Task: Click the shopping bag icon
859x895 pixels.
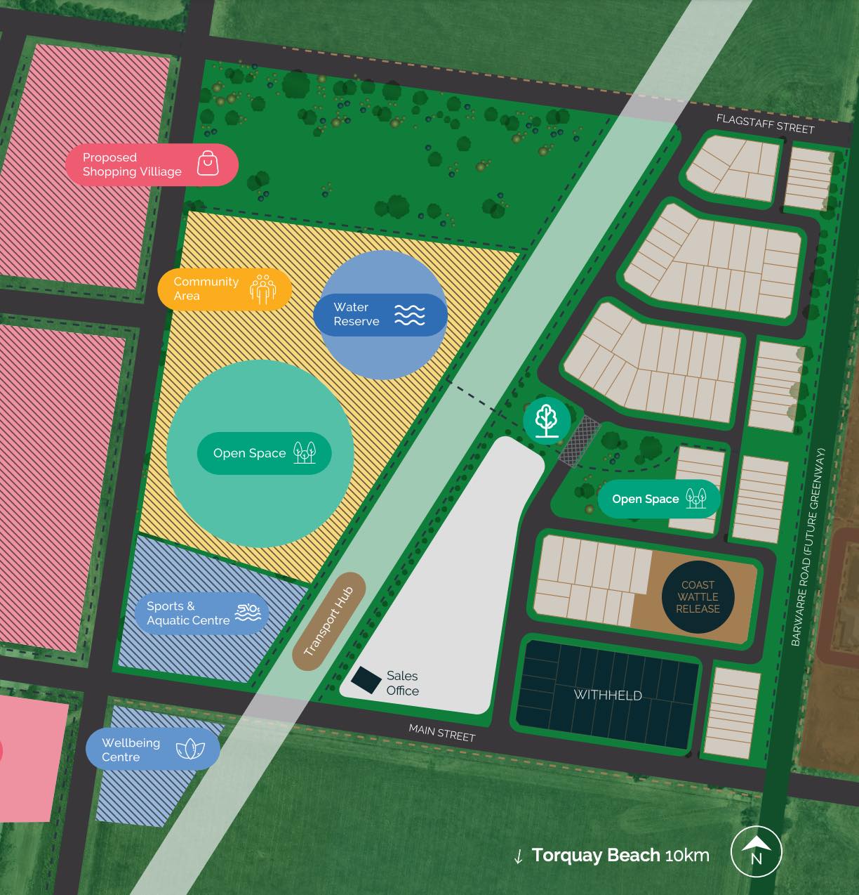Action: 208,164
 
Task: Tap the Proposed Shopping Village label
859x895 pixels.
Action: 132,164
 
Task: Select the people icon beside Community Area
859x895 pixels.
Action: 262,289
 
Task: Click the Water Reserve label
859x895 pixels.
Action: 357,314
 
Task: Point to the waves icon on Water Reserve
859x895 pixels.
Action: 409,315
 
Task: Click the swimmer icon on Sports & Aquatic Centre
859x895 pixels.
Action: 248,613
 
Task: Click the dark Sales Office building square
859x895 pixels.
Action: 366,680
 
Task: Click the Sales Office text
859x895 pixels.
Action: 402,683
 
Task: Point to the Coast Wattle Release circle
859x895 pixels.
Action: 698,597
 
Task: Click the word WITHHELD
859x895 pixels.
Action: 608,695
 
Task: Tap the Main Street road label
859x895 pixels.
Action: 442,732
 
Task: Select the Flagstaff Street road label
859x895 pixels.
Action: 765,124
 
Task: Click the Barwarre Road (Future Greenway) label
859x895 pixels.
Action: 808,548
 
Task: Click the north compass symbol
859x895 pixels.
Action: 756,851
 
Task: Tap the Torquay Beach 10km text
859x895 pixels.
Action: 620,855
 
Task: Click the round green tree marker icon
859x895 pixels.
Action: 547,420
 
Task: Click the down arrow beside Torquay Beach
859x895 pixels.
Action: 519,856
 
